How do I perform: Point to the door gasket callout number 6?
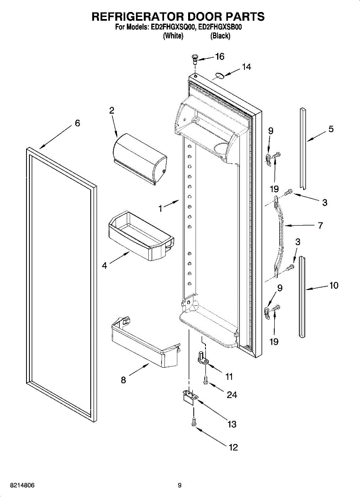pyautogui.click(x=77, y=123)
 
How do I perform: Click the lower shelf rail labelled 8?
pyautogui.click(x=143, y=341)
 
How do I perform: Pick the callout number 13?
pyautogui.click(x=232, y=424)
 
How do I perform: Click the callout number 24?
pyautogui.click(x=232, y=395)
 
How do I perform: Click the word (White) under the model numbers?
pyautogui.click(x=173, y=36)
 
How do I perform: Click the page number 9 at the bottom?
pyautogui.click(x=180, y=485)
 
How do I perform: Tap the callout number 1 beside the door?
pyautogui.click(x=160, y=209)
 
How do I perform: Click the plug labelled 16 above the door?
pyautogui.click(x=194, y=58)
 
